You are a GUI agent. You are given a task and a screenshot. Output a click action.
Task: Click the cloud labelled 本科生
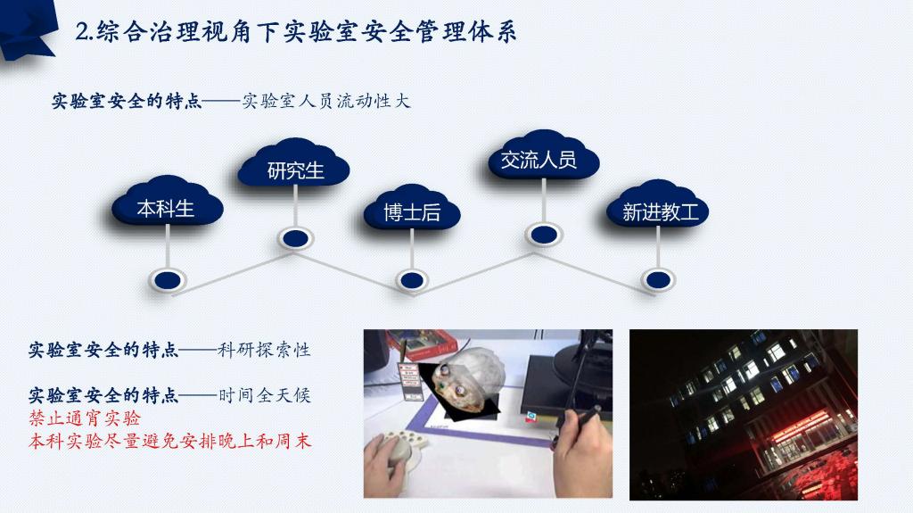click(167, 201)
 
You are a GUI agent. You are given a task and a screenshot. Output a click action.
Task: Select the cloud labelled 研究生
click(294, 163)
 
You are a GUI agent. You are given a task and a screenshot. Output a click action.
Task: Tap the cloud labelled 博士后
click(412, 208)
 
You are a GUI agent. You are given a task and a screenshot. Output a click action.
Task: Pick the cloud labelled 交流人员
click(543, 155)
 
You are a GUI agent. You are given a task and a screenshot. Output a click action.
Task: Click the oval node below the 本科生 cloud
click(168, 280)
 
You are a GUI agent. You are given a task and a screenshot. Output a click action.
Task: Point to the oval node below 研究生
click(296, 238)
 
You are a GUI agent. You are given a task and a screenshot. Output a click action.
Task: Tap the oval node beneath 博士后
click(412, 280)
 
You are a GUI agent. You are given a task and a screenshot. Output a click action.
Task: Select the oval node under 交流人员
click(544, 235)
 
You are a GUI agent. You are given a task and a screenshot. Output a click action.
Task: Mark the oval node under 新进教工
click(658, 280)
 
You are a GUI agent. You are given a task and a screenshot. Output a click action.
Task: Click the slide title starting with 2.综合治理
click(296, 31)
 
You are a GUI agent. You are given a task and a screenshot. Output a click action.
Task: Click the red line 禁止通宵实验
click(85, 418)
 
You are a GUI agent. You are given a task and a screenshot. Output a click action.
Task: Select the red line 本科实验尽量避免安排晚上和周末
click(170, 441)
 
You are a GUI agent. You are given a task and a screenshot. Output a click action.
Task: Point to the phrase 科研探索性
click(264, 350)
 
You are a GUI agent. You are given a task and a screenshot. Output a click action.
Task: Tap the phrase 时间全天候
click(265, 395)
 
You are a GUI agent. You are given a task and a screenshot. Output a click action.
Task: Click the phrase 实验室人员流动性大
click(326, 101)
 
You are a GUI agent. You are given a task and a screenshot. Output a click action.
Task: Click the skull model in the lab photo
click(467, 380)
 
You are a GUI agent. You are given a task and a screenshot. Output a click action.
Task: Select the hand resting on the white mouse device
click(387, 463)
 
